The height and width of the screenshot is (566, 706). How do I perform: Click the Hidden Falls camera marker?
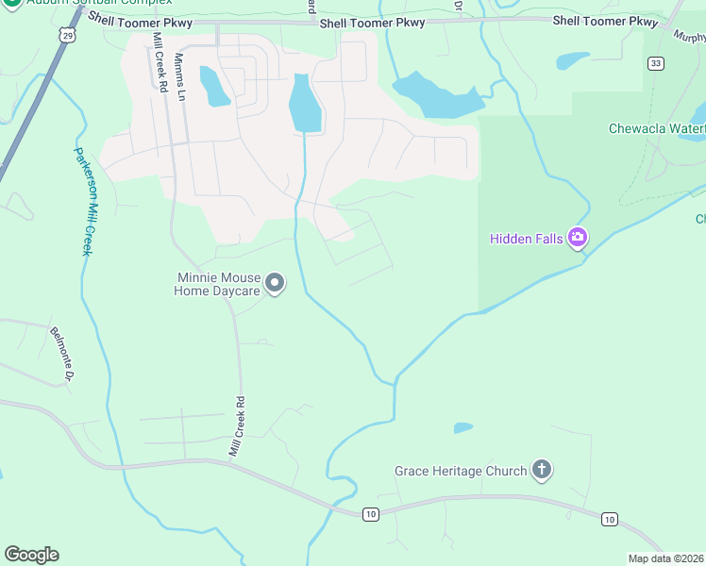[578, 238]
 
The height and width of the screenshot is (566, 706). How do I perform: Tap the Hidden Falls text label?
[527, 239]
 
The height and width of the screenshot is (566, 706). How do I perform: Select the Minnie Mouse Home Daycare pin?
[275, 282]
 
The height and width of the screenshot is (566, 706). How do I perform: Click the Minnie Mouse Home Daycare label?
[217, 285]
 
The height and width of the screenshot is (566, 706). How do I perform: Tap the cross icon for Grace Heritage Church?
[542, 469]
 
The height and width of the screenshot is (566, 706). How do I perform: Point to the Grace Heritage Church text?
[461, 471]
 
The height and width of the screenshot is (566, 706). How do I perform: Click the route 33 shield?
[655, 63]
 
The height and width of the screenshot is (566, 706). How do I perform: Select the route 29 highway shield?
[66, 35]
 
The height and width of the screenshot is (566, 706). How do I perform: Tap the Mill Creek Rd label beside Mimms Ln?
[160, 62]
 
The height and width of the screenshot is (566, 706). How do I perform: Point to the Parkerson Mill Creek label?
[83, 200]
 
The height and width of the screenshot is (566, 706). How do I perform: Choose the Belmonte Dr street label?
[61, 353]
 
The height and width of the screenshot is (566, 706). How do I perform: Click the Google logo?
[31, 555]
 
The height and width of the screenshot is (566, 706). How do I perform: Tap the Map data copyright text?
[666, 558]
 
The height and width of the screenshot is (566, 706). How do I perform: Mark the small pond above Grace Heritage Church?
[462, 427]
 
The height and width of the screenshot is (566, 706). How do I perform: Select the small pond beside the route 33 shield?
[572, 61]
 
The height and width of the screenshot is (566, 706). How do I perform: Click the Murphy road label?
[689, 35]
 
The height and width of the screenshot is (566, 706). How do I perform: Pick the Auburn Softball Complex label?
[85, 3]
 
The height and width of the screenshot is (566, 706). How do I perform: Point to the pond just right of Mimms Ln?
[214, 87]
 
